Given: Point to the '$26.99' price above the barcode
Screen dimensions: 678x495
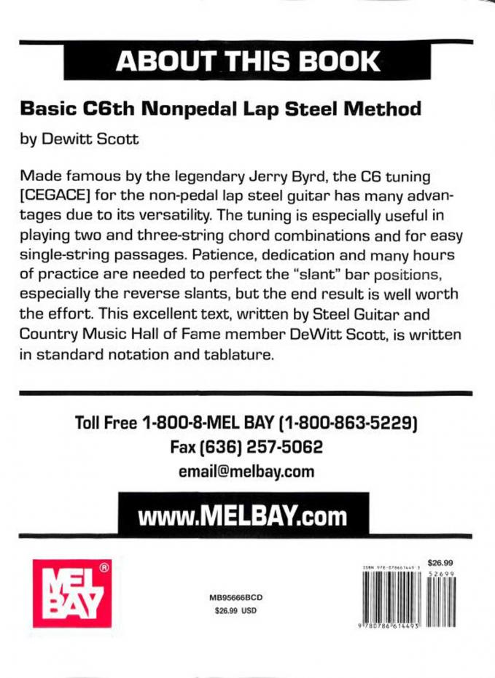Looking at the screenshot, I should [441, 562].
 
